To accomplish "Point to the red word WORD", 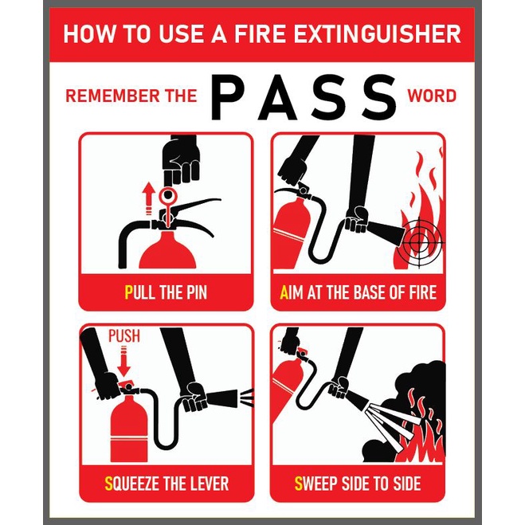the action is (x=432, y=96).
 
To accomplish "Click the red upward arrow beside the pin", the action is (x=148, y=200).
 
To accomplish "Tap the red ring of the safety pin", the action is (x=168, y=195).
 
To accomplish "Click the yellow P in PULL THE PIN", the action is (x=128, y=292).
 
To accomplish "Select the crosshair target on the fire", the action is (x=419, y=240).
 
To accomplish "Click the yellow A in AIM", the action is (x=284, y=292).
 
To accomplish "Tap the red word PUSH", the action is (x=124, y=336).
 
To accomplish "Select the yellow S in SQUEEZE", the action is (x=109, y=484).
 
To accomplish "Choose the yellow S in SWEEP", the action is (x=298, y=484).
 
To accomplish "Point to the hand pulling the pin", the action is (x=181, y=159).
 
